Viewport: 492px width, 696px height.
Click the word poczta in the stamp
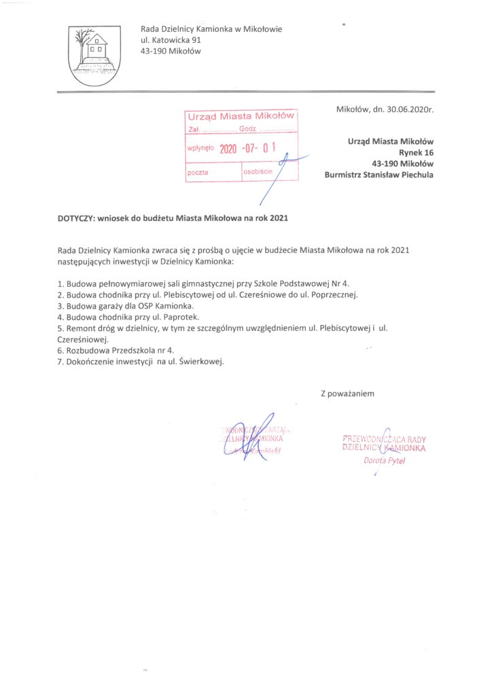198,173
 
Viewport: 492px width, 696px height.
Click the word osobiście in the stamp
258,171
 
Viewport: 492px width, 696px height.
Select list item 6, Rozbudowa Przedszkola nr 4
116,350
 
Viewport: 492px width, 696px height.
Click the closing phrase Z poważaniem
347,393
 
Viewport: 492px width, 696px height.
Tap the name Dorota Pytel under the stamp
384,461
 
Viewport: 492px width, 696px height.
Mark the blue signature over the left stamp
255,435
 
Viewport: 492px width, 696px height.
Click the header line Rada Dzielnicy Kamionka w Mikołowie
211,29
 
